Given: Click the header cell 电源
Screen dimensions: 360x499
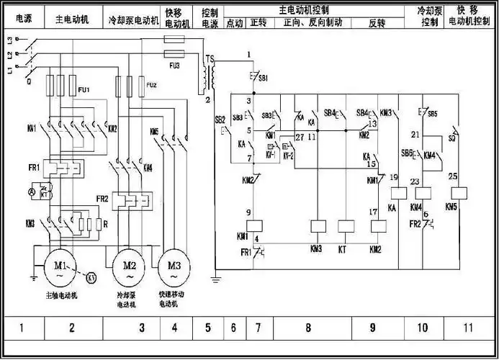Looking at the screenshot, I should tap(23, 15).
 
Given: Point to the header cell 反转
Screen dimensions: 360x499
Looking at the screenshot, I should tap(377, 23).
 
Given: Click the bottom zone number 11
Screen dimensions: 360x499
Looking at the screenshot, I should tap(468, 328).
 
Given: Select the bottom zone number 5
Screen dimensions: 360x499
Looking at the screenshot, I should tap(208, 328).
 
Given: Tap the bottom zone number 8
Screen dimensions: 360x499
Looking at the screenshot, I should tap(308, 328).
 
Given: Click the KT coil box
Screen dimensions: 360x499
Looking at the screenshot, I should tap(347, 225).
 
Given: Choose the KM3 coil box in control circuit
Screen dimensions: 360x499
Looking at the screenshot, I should tap(317, 225).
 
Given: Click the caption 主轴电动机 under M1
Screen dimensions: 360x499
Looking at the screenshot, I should tap(59, 295).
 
